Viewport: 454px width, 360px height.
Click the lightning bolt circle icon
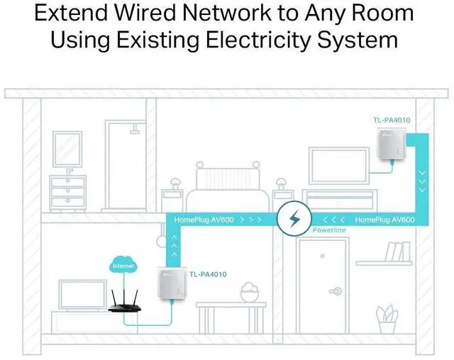[x=294, y=218]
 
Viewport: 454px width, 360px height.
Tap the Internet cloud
[x=123, y=264]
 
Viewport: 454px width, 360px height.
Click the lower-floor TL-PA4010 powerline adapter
[x=172, y=284]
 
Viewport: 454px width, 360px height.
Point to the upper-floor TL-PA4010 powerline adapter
[x=392, y=144]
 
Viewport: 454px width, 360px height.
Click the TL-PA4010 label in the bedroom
[x=392, y=120]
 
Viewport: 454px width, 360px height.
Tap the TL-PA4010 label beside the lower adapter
[x=208, y=274]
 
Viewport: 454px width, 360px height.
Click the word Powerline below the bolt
[x=329, y=230]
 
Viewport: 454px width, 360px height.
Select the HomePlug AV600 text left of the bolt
[x=204, y=220]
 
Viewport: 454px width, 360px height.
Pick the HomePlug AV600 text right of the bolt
[x=384, y=220]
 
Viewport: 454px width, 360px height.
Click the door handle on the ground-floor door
[x=336, y=291]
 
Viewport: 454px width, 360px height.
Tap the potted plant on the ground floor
[x=387, y=318]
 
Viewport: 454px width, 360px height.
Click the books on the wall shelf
[x=397, y=252]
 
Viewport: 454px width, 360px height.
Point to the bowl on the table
[x=250, y=293]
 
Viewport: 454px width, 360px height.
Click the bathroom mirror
[x=67, y=149]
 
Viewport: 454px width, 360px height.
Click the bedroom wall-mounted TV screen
[x=339, y=165]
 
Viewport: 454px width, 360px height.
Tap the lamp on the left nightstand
[x=175, y=184]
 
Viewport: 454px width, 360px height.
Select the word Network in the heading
[x=227, y=13]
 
